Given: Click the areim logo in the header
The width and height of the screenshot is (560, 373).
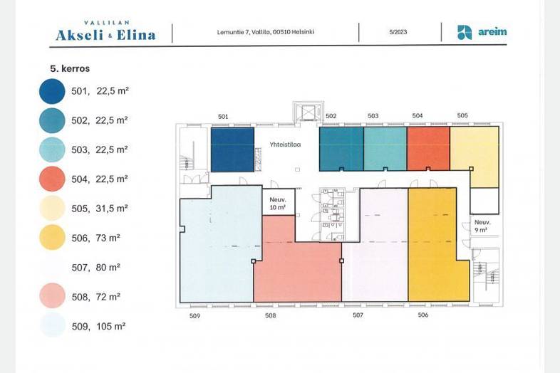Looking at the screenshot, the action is [482, 32].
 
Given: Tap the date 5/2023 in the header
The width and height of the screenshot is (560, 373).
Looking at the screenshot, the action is [398, 32].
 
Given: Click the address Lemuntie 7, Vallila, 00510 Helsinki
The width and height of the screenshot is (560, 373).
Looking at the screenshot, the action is [265, 32].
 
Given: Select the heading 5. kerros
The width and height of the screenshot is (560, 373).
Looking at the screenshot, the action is [70, 68].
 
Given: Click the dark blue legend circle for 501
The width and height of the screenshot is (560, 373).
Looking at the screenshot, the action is [52, 91].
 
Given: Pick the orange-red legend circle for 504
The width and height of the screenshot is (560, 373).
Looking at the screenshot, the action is [52, 179].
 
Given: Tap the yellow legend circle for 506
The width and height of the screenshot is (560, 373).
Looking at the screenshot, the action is [52, 237].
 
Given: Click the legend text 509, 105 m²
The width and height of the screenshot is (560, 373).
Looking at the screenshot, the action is [98, 326].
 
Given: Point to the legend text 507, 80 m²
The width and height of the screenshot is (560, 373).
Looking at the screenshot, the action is [95, 268].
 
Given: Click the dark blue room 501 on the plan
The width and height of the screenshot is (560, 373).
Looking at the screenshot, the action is [232, 149].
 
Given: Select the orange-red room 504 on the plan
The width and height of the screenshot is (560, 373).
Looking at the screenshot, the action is [428, 149].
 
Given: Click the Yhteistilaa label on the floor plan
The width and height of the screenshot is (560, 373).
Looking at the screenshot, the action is [285, 145].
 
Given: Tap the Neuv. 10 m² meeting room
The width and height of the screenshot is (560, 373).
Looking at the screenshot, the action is [278, 202].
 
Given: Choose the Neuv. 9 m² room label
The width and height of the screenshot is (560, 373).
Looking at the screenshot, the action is [482, 226].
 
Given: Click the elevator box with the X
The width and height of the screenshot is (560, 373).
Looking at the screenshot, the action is [308, 112].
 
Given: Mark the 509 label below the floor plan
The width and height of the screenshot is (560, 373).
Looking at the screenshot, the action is [195, 316].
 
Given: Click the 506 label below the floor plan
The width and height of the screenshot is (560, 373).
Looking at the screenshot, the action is [423, 315].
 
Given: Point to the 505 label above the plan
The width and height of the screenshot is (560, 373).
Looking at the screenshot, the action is [462, 115].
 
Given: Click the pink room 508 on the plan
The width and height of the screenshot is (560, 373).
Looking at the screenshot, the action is [297, 264].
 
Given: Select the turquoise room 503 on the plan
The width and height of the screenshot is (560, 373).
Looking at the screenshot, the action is [385, 149].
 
